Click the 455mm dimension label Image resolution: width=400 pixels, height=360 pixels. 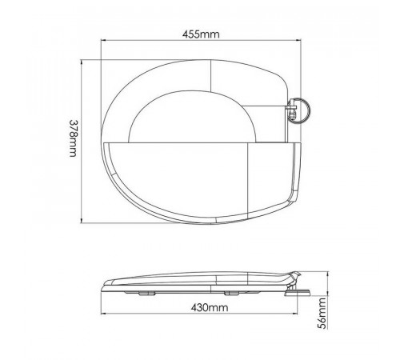[x=201, y=34]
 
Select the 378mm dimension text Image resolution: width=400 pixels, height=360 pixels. [x=73, y=138]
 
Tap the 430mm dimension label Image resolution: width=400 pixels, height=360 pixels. [x=210, y=308]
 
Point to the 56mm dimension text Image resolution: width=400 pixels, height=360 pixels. [x=322, y=314]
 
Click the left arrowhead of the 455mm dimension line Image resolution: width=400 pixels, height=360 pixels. [x=102, y=41]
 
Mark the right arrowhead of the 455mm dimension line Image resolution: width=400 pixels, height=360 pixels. [x=298, y=41]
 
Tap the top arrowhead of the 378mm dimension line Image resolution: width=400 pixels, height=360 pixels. [x=82, y=62]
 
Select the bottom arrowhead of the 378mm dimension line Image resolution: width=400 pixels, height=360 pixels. [x=82, y=220]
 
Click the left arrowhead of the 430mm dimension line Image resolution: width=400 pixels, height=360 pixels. [x=103, y=314]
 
